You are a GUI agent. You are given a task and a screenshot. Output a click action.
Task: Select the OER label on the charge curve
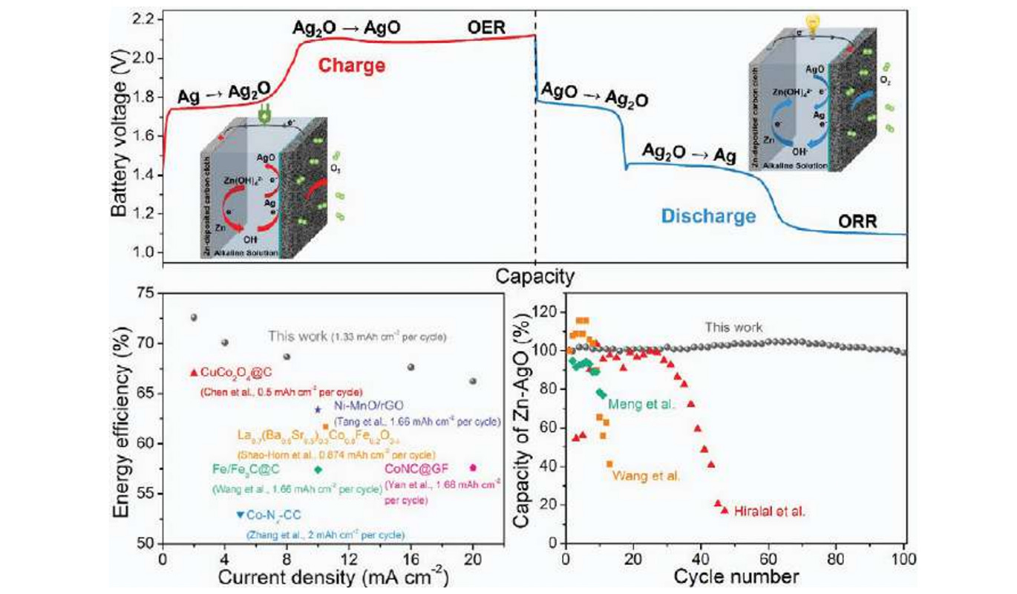(x=486, y=27)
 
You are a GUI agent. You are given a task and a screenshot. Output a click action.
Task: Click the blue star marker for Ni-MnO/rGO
(x=318, y=409)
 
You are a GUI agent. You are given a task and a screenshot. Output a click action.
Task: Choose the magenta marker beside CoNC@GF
(x=473, y=467)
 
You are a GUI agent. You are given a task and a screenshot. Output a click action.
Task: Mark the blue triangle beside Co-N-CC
(x=240, y=515)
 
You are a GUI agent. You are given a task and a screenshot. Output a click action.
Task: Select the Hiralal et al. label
(x=769, y=511)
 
